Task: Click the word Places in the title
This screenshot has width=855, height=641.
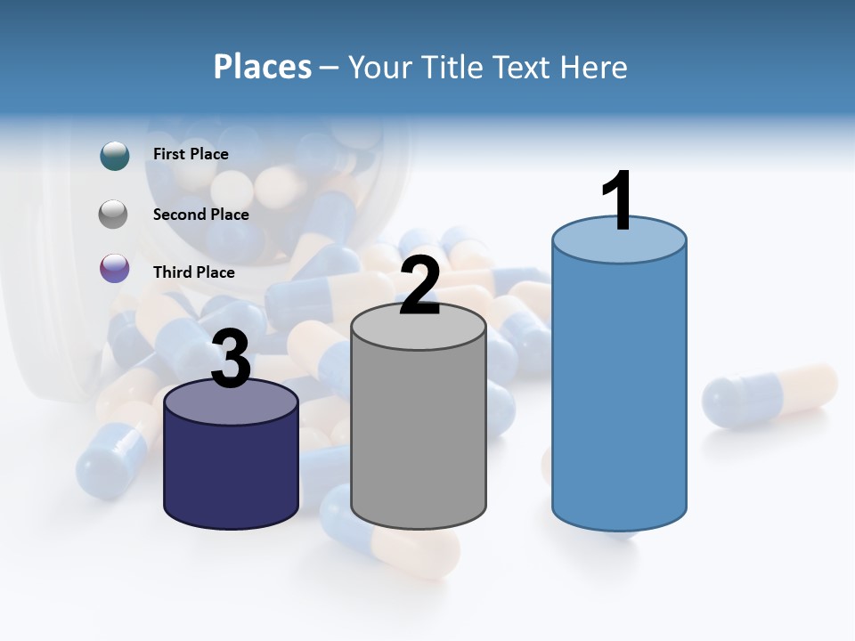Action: tap(263, 67)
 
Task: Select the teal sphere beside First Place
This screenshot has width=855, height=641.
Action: tap(115, 156)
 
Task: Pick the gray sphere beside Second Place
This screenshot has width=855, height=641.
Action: tap(115, 215)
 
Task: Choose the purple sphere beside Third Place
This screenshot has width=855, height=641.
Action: tap(115, 268)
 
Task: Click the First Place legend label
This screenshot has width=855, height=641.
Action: tap(191, 154)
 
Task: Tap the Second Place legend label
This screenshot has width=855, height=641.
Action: tap(200, 214)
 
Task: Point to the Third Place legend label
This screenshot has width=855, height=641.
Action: tap(193, 272)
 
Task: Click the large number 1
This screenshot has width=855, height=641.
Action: tap(618, 202)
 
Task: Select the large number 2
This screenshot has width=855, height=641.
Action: tap(419, 287)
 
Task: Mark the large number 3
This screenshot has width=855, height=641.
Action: tap(231, 359)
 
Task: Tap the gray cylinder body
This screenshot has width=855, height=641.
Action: tap(419, 436)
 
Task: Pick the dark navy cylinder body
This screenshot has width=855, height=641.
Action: tap(231, 472)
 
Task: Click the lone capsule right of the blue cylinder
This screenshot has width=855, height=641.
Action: tap(769, 394)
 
